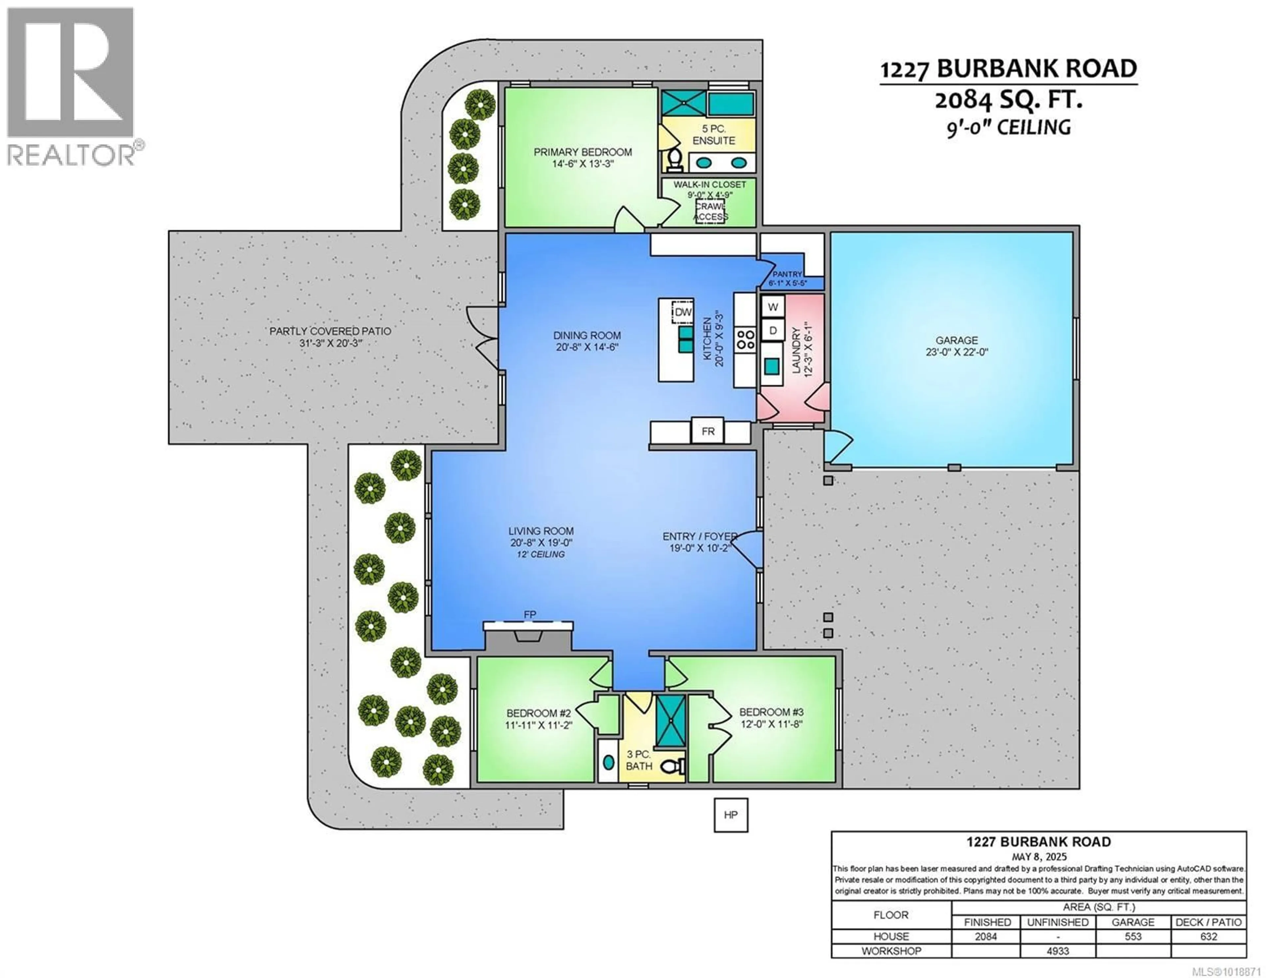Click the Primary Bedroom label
pos(583,152)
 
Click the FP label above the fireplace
pos(530,614)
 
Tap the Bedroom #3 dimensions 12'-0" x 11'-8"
pos(771,724)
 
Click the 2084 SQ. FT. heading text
pos(1008,101)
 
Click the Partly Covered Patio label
pos(330,331)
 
